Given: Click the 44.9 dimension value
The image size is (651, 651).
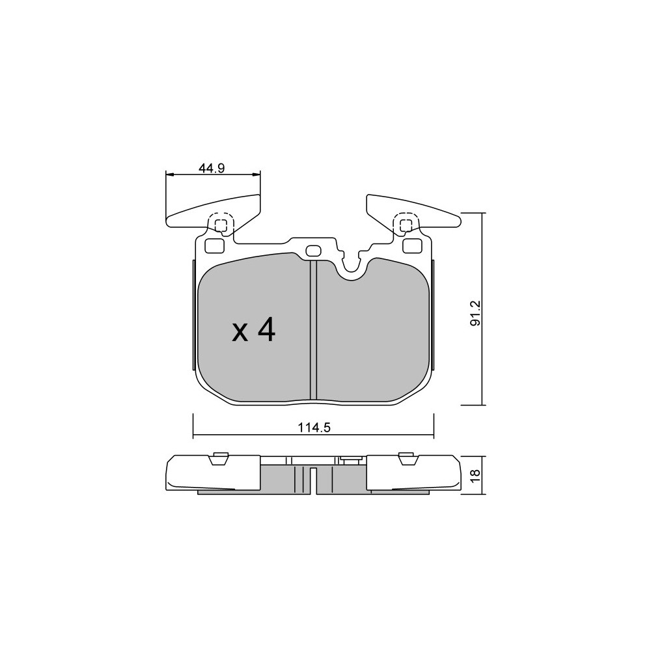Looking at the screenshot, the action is point(212,168).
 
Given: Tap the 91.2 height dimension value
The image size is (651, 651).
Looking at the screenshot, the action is point(475,314).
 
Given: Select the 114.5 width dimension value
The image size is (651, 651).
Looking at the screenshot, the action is point(314,427).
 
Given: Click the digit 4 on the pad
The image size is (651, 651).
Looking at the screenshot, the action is point(266,331).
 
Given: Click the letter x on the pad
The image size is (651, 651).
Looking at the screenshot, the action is point(240,333).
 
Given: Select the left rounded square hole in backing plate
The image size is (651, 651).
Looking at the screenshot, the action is point(215,246).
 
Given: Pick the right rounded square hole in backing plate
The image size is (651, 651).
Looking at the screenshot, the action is point(412,246).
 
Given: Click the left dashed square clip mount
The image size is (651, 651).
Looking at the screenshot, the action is point(221,225).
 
